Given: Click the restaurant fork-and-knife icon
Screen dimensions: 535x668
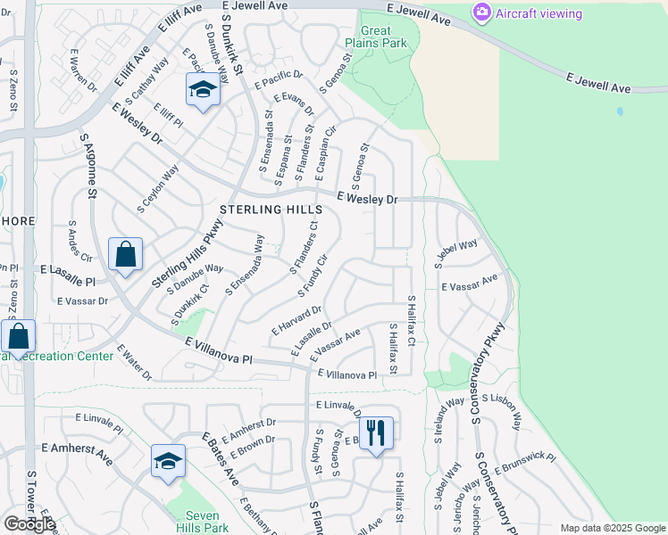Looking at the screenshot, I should click(376, 432).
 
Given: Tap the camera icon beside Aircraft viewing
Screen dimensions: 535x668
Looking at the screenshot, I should click(482, 12).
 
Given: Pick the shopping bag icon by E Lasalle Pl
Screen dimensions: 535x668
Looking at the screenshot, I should click(126, 254).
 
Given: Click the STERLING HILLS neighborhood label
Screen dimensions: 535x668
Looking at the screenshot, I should click(271, 209).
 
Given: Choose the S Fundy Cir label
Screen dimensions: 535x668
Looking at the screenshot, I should click(312, 276).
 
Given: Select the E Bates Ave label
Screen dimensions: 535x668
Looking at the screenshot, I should click(219, 459).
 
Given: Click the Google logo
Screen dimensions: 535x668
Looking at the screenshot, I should click(29, 524).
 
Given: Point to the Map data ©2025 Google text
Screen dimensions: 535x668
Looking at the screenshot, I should click(612, 528).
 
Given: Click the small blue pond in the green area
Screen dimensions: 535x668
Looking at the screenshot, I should click(620, 112).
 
